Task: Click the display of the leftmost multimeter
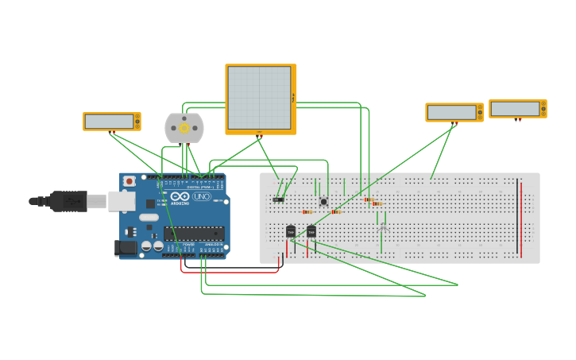(109, 122)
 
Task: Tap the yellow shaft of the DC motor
(184, 128)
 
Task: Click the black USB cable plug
(68, 201)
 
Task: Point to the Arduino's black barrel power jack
(126, 247)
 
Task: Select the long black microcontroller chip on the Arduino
(194, 233)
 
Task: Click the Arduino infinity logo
(180, 196)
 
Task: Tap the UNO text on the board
(202, 196)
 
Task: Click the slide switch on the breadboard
(278, 199)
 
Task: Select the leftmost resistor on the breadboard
(307, 212)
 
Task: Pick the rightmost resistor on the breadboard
(377, 204)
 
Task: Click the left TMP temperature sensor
(291, 231)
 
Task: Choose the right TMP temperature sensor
(311, 231)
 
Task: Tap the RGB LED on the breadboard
(383, 227)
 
